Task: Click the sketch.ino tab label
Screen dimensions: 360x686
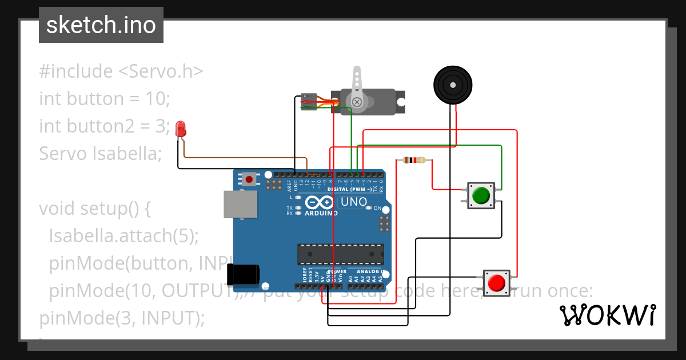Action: point(101,25)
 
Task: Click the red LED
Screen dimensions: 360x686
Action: point(181,129)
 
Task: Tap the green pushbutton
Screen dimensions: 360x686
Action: point(481,195)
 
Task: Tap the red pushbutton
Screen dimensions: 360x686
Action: point(497,283)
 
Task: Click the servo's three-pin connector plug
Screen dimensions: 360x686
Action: point(309,101)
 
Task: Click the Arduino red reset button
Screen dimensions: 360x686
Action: point(249,179)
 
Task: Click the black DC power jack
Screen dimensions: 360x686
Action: point(240,275)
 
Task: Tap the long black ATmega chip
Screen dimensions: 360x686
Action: point(340,254)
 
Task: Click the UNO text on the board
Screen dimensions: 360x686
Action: point(354,202)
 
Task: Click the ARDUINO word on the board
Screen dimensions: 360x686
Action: point(321,213)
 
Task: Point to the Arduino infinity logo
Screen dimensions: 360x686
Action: point(319,202)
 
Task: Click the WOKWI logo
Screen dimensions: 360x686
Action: point(607,315)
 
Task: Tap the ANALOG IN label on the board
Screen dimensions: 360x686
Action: point(372,271)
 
